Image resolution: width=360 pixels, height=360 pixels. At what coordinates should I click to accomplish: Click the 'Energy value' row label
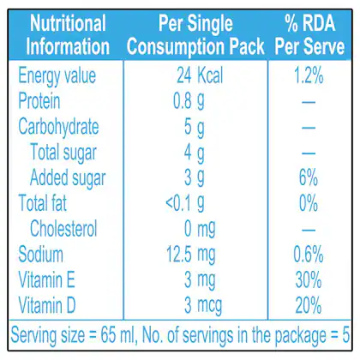tap(57, 76)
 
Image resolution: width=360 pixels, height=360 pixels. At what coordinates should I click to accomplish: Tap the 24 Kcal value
tap(200, 75)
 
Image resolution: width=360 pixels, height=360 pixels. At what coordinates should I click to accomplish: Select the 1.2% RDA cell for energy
tap(309, 75)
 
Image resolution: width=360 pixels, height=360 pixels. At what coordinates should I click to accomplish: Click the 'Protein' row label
tap(39, 101)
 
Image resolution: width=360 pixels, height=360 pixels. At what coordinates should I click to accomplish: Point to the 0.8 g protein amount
tap(189, 102)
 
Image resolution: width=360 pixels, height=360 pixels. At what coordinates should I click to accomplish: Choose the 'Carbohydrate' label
tap(58, 127)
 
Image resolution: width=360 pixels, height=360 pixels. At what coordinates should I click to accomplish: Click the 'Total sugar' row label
tap(63, 153)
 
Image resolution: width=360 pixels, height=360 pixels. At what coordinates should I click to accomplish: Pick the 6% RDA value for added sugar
tap(309, 177)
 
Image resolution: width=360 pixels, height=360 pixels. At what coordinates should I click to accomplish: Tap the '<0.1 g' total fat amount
tap(185, 203)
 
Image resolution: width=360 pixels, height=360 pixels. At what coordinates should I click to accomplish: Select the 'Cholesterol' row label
tap(63, 229)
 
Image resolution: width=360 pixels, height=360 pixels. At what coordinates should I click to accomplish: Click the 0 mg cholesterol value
tap(200, 230)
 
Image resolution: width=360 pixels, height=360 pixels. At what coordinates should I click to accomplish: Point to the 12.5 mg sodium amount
tap(191, 255)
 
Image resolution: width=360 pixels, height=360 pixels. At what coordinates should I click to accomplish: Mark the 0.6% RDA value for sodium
tap(309, 254)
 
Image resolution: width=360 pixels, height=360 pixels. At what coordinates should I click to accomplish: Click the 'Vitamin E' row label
tap(46, 279)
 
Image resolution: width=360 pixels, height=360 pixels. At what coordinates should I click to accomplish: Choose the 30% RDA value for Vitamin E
tap(309, 279)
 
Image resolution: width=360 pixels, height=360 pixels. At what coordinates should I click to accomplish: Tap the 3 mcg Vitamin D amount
tap(203, 305)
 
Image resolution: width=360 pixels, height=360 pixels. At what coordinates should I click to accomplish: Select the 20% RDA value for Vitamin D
tap(309, 305)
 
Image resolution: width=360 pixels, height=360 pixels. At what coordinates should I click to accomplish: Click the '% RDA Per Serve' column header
tap(309, 35)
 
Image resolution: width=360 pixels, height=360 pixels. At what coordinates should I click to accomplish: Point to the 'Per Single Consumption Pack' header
tap(195, 35)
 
